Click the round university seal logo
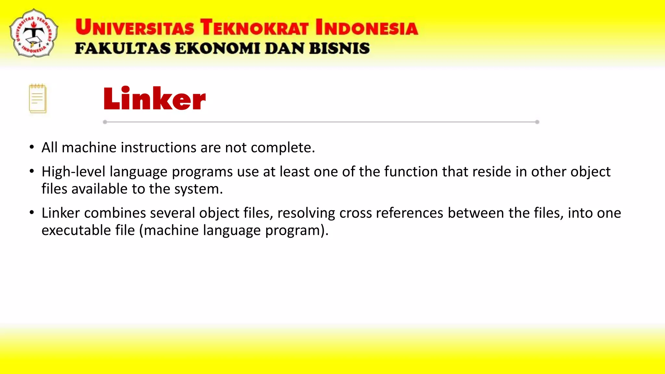[34, 33]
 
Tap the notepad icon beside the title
[38, 99]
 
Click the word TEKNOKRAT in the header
[254, 27]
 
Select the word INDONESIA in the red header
[367, 27]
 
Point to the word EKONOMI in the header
[217, 48]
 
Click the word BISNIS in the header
[339, 48]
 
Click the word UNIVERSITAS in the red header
[135, 27]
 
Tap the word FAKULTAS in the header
[123, 48]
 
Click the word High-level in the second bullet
[73, 172]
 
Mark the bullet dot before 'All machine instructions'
[31, 147]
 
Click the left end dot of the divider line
[105, 122]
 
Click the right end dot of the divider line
[537, 122]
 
